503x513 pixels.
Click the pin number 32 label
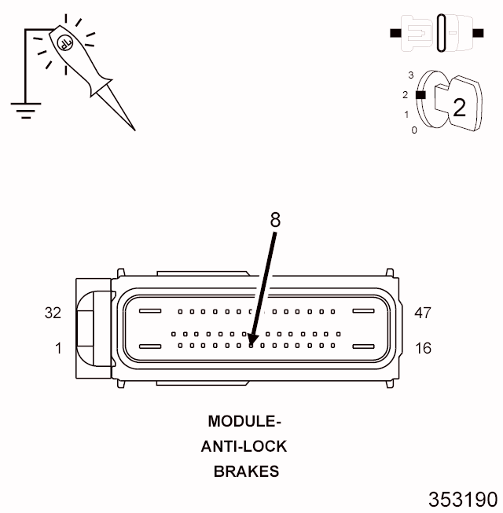[53, 313]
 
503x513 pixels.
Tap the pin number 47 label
[423, 313]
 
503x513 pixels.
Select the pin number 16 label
[423, 348]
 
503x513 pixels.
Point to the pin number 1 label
[58, 348]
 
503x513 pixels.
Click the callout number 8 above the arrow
[275, 219]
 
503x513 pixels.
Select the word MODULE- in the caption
[244, 421]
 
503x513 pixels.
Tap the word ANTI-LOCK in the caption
[244, 446]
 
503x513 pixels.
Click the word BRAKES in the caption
[247, 471]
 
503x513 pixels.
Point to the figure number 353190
[463, 500]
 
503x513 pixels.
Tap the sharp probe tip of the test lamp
[134, 130]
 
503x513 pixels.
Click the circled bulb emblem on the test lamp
[64, 43]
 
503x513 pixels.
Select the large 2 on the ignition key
[459, 108]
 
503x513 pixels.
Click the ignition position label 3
[411, 75]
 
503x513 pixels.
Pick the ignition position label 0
[414, 130]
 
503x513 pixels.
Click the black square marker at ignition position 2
[420, 95]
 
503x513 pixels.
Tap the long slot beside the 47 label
[363, 310]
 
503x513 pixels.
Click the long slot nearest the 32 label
[150, 310]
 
